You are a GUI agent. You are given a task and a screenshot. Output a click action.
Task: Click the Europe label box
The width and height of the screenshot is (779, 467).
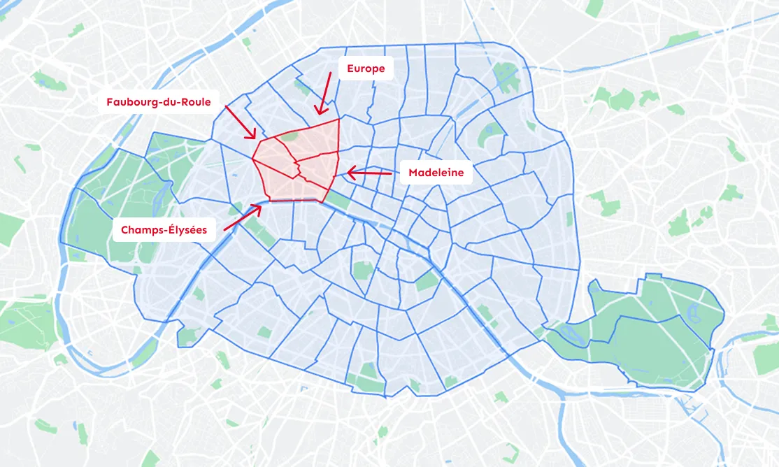click(366, 69)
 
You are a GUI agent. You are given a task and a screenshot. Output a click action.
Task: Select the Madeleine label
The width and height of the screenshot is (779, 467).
click(436, 173)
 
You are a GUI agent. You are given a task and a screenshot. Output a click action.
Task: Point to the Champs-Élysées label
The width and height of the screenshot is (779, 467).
click(164, 229)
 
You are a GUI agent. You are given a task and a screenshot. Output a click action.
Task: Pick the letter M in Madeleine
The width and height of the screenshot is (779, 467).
click(413, 173)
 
